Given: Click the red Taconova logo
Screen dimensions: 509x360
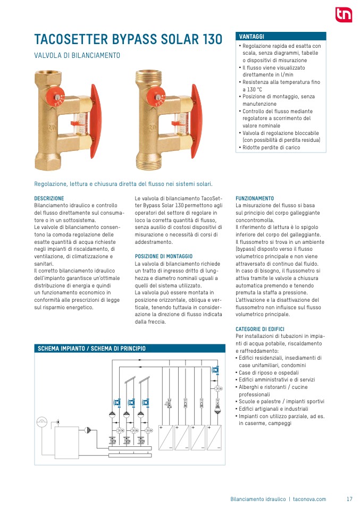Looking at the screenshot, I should point(343,14).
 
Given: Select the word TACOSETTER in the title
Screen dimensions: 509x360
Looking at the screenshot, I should point(72,40).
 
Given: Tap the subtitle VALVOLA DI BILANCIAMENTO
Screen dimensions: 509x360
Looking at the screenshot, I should point(77,55).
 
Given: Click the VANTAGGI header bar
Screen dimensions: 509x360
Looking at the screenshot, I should point(281,36).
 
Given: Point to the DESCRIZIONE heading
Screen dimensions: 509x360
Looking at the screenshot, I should point(49,198).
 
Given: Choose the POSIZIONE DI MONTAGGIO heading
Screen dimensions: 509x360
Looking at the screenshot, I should point(164,256).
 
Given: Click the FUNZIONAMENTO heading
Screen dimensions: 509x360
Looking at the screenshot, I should point(255,198).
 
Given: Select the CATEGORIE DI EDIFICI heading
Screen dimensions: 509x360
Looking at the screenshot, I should point(260,329).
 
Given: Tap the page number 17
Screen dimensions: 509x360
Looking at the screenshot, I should point(349,499).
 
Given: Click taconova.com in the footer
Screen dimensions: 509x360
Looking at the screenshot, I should point(309,499).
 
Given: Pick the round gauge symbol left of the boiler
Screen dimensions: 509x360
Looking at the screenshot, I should point(42,422).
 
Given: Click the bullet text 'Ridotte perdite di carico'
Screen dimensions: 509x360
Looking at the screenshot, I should point(271,147).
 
